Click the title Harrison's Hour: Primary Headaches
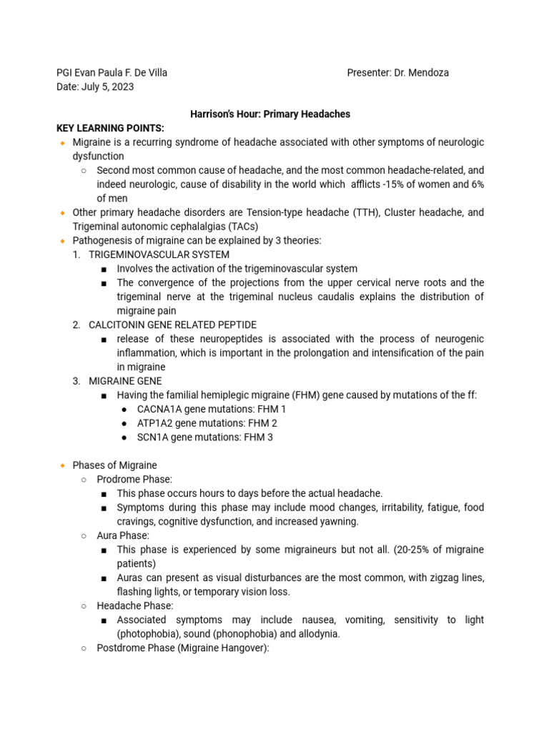[269, 114]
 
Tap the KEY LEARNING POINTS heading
[110, 128]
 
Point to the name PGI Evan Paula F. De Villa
[112, 73]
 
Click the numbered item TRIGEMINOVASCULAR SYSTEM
[159, 254]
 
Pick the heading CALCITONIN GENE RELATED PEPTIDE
[172, 325]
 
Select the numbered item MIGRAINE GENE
[125, 381]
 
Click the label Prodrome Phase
[134, 479]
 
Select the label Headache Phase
[135, 605]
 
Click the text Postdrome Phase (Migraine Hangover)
[182, 648]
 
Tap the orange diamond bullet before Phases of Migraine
[62, 465]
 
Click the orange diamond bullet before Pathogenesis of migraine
[62, 241]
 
